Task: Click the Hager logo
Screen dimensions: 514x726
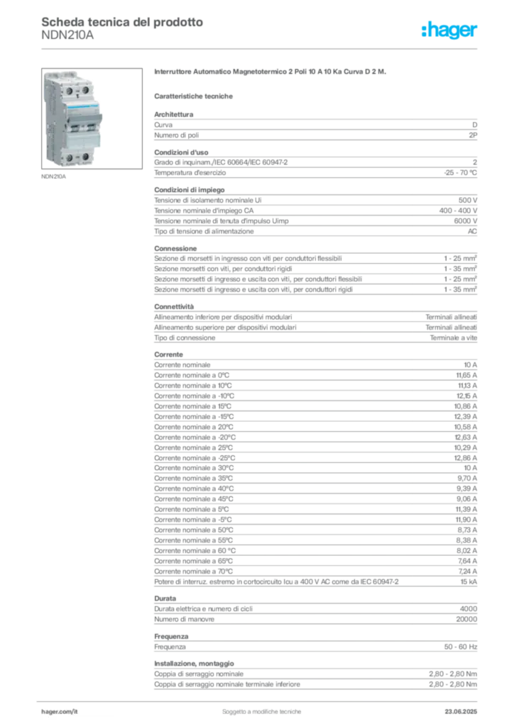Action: point(449,30)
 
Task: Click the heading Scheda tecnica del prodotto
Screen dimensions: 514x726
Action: point(122,22)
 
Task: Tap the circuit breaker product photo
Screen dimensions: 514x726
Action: point(92,118)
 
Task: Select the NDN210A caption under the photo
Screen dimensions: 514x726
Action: point(54,177)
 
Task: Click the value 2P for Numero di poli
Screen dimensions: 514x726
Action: point(473,135)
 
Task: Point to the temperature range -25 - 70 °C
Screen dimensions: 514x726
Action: point(460,173)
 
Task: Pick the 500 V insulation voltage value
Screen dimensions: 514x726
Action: point(468,201)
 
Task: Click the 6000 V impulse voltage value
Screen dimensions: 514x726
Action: point(465,221)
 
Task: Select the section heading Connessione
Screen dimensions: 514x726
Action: point(175,249)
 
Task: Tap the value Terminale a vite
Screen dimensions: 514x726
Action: point(453,338)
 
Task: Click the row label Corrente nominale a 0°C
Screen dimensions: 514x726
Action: point(192,376)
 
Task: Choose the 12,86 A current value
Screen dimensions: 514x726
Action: point(465,458)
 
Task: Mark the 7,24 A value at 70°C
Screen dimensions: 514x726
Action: point(468,571)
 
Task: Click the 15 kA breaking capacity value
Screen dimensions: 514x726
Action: point(469,581)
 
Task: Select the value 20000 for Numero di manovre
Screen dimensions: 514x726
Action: point(466,619)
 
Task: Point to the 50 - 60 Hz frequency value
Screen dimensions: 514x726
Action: point(460,647)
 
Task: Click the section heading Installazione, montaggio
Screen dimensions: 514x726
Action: point(195,664)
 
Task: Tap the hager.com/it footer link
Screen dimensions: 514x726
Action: point(60,712)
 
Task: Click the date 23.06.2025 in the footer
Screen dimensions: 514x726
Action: point(461,712)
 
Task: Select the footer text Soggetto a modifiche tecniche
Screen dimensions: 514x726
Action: point(261,712)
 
